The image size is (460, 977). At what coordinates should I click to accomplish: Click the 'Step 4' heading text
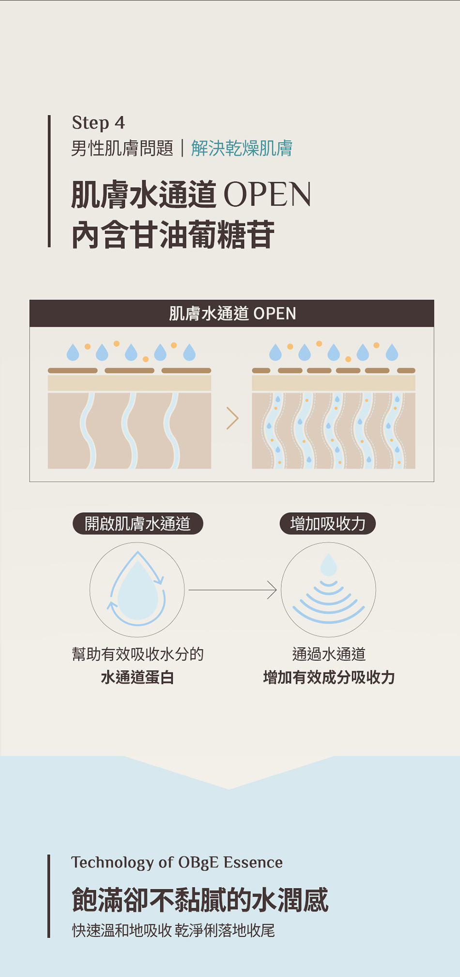[98, 123]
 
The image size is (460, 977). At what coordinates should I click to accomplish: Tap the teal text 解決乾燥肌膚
[242, 148]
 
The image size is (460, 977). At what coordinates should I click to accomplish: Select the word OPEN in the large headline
[267, 195]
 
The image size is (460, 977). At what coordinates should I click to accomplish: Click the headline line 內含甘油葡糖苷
[173, 235]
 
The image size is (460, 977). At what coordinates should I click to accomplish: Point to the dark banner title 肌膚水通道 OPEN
[232, 314]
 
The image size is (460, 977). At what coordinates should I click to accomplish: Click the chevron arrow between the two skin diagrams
[232, 418]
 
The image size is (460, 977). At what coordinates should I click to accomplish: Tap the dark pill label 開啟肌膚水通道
[138, 524]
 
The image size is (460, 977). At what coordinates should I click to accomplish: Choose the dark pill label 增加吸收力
[328, 524]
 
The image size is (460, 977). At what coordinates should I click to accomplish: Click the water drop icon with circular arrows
[137, 589]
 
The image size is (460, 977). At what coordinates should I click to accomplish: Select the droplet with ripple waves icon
[328, 589]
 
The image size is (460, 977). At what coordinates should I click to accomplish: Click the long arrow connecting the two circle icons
[232, 590]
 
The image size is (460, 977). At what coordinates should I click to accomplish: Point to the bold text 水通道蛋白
[138, 677]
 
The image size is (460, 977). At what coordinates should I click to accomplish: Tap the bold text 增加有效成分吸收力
[329, 677]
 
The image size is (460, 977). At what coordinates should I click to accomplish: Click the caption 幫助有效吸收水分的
[138, 654]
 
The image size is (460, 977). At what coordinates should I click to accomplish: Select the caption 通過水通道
[329, 654]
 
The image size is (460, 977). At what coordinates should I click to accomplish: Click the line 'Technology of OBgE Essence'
[177, 863]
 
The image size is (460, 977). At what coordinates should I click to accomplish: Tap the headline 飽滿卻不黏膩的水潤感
[200, 899]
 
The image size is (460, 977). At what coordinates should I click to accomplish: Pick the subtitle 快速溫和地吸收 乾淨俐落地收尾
[173, 930]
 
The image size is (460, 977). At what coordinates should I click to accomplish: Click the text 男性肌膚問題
[122, 148]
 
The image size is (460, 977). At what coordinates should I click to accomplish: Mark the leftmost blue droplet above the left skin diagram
[73, 352]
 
